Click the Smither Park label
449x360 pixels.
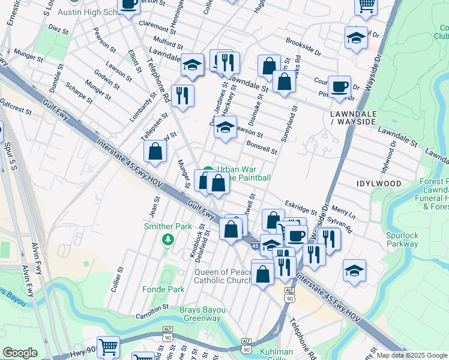(x=167, y=227)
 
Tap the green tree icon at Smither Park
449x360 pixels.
(x=167, y=239)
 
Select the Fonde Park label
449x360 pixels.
(x=163, y=289)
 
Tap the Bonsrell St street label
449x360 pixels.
(x=261, y=147)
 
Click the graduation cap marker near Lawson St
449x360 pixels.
(x=225, y=127)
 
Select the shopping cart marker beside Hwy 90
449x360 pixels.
(x=108, y=346)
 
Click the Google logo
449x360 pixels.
(x=20, y=353)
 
